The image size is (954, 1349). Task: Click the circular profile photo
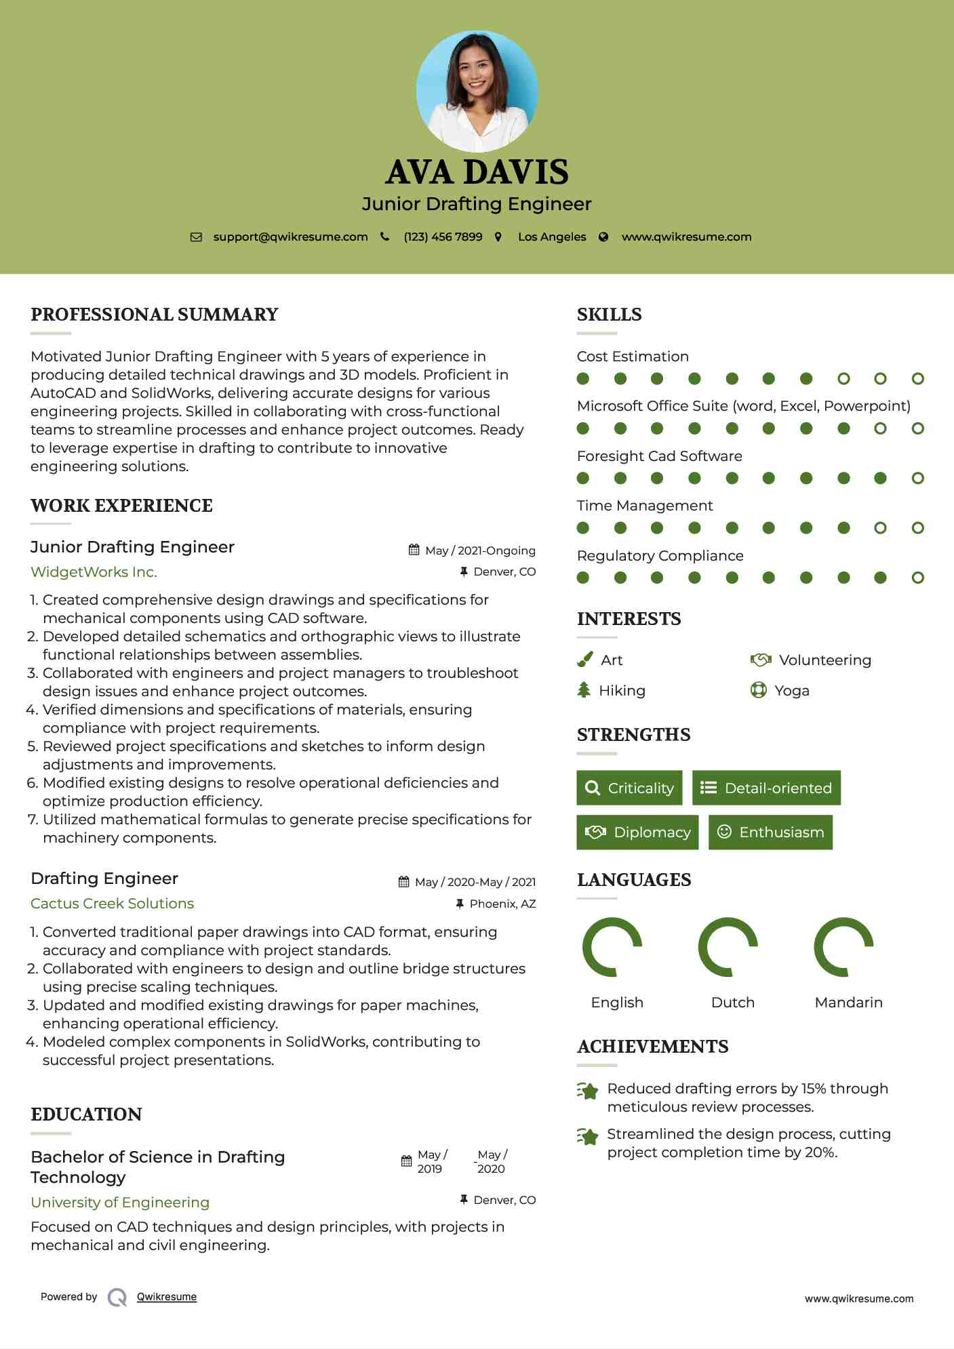coord(477,91)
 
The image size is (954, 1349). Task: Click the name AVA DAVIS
coord(477,172)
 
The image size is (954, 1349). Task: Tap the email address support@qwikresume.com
coord(290,237)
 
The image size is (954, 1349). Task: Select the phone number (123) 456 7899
coord(443,237)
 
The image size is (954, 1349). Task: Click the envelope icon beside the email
coord(196,237)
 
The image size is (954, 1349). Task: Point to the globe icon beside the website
coord(603,237)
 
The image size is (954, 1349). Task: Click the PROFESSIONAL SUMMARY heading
coord(155,315)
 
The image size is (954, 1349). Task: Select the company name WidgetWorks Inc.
coord(94,572)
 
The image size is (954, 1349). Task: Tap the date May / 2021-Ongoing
coord(480,550)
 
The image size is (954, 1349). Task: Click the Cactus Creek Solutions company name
coord(112,904)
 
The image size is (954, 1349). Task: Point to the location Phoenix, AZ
coord(502,904)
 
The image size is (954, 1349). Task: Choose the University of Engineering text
coord(120,1203)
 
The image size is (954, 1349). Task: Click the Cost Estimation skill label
coord(633,357)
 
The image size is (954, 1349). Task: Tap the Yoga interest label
coord(792,691)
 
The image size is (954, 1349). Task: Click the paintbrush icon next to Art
coord(584,660)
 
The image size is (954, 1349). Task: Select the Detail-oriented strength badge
coord(766,788)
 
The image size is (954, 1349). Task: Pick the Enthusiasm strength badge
coord(770,832)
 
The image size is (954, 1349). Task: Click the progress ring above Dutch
coord(728,947)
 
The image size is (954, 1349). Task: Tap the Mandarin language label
coord(848,1003)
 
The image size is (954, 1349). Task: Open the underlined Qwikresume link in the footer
coord(167,1297)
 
